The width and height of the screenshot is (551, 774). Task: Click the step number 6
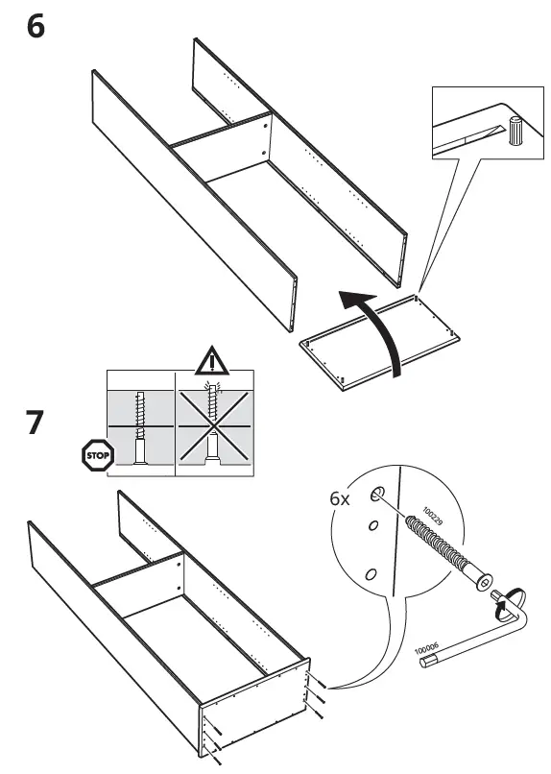coord(36,27)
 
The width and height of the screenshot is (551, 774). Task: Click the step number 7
coord(35,423)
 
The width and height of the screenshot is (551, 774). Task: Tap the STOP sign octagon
coord(98,455)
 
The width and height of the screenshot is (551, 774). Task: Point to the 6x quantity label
coord(340,499)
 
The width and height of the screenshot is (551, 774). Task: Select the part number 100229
coord(433,516)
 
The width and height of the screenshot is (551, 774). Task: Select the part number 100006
coord(426,649)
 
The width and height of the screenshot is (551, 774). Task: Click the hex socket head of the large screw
coord(484,584)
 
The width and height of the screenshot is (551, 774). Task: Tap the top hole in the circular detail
coord(377,494)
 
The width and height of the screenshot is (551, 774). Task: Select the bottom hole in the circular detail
coord(371,574)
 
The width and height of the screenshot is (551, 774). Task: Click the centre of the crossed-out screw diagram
coord(214,426)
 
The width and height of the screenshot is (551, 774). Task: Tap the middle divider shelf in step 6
coord(221,147)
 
